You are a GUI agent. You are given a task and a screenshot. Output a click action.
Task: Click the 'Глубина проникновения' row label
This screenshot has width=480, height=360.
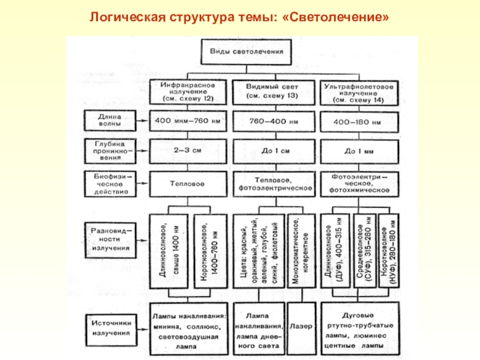point(109,150)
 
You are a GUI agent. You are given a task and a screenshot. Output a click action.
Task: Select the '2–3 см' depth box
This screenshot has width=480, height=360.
point(188,150)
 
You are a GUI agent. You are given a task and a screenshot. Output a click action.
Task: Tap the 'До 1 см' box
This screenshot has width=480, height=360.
point(273,150)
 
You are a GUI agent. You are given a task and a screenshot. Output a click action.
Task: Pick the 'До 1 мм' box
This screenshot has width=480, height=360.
point(359,150)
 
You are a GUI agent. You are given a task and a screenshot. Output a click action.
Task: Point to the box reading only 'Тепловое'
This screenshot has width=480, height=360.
point(188,184)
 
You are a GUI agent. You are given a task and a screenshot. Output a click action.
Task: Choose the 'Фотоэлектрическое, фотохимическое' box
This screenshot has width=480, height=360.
point(359,184)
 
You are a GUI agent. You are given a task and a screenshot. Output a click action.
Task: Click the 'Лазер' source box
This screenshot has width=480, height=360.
point(301,327)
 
